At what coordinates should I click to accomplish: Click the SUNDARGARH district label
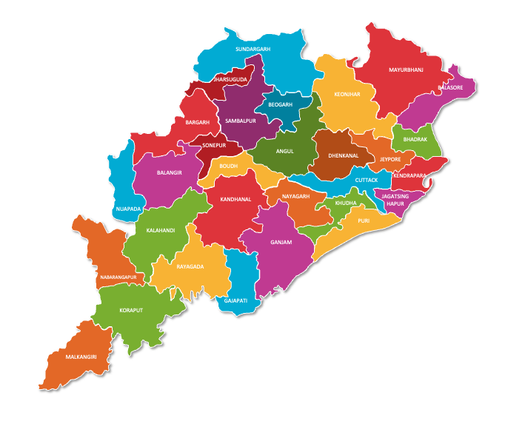coord(253,49)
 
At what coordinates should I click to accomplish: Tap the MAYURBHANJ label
coord(406,70)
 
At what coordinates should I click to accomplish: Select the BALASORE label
coord(450,87)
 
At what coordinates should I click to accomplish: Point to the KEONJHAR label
coord(347,95)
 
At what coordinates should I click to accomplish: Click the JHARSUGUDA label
coord(230,78)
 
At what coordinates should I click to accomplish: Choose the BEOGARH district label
coord(281,104)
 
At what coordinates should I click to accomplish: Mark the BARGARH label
coord(198,122)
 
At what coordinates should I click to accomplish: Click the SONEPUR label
coord(214,146)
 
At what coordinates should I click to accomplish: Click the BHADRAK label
coord(415,139)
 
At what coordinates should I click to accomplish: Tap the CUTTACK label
coord(366,180)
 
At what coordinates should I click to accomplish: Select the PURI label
coord(364,220)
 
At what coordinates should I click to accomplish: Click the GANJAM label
coord(281,242)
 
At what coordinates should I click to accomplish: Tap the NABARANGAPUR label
coord(118,277)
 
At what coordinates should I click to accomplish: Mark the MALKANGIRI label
coord(81,357)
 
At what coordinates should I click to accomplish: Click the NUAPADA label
coord(128,209)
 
